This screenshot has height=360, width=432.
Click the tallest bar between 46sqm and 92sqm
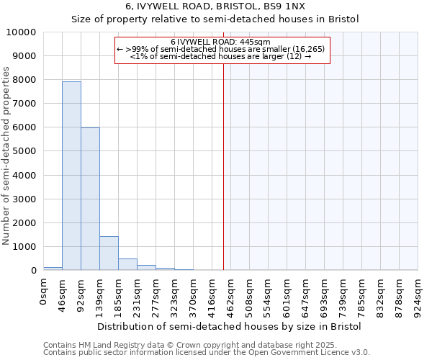pyautogui.click(x=71, y=176)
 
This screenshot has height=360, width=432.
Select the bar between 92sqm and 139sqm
pyautogui.click(x=90, y=199)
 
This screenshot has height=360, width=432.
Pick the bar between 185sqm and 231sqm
pyautogui.click(x=127, y=264)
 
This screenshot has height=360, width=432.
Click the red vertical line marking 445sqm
pyautogui.click(x=223, y=166)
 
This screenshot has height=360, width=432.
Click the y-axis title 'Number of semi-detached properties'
pyautogui.click(x=7, y=156)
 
